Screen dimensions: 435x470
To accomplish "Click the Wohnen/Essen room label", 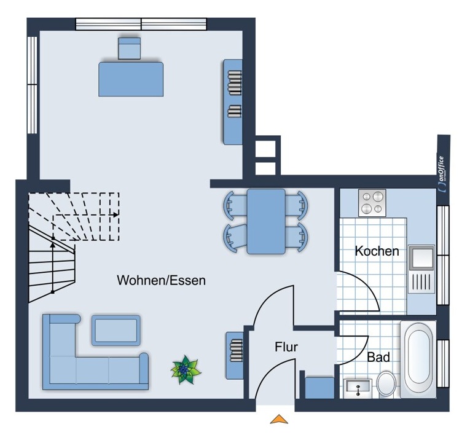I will [x=161, y=281].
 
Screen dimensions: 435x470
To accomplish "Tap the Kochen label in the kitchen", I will [x=377, y=251].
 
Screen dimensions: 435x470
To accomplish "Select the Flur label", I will [x=286, y=347].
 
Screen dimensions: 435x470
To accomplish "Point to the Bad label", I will [x=378, y=357].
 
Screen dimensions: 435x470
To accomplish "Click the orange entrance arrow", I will [x=280, y=419].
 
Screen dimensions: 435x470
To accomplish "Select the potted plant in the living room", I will [x=184, y=370].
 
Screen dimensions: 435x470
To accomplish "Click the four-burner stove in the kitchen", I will [x=372, y=203].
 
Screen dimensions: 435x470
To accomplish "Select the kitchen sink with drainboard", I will [x=422, y=270].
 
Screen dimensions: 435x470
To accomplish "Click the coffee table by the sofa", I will [x=116, y=330].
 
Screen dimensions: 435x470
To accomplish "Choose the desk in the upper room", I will [x=131, y=78].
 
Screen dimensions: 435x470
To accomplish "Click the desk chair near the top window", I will [x=130, y=48].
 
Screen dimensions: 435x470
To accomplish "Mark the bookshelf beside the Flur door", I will [x=235, y=355].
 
